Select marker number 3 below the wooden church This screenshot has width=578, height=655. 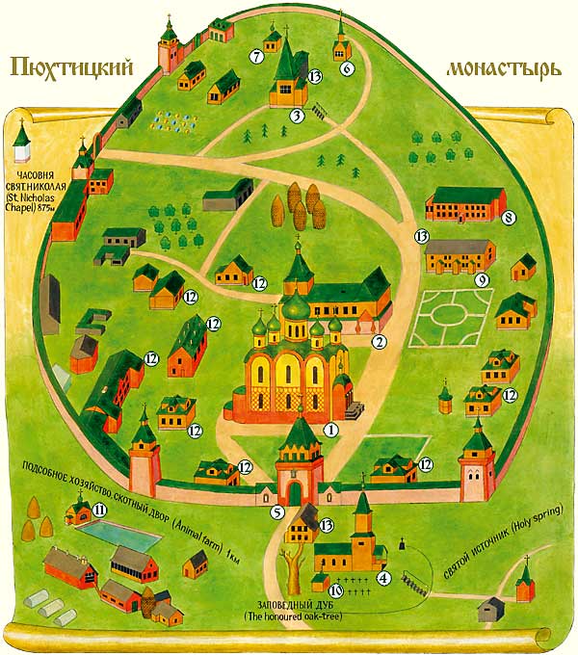(x=298, y=117)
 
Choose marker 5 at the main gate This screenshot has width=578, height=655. (x=276, y=512)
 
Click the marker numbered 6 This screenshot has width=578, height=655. (x=348, y=67)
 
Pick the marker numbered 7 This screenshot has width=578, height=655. (x=256, y=57)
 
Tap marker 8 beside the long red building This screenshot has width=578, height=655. (x=509, y=218)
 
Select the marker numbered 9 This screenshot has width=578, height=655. (x=483, y=279)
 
